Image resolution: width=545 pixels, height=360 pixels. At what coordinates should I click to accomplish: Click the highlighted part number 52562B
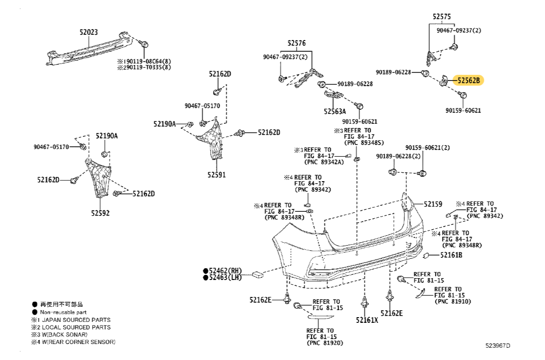(468, 80)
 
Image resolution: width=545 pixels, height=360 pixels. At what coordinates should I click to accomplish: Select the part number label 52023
(88, 32)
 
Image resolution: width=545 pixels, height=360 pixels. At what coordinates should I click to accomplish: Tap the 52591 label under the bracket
(216, 175)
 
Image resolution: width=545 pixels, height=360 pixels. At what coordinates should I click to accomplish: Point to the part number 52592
(100, 213)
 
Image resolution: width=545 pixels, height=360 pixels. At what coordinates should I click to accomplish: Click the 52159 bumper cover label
(433, 204)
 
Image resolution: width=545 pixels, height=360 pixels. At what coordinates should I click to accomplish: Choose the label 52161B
(451, 255)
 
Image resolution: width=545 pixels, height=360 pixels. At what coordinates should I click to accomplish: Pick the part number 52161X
(367, 320)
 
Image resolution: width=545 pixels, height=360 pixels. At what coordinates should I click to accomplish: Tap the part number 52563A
(334, 112)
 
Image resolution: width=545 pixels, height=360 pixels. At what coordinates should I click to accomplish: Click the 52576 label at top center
(297, 43)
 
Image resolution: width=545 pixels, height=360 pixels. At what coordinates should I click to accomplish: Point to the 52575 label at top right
(442, 16)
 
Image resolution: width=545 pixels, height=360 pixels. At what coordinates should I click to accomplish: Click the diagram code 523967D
(498, 345)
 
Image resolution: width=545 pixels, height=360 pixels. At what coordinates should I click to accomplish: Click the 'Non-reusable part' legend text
(63, 312)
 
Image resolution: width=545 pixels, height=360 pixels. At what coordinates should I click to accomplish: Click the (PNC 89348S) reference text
(364, 143)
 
